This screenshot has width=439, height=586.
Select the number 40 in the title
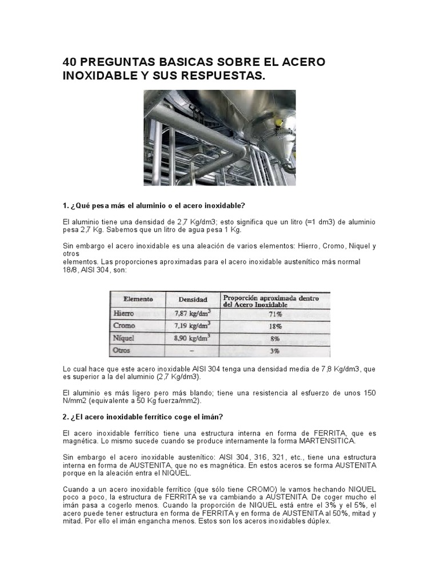coord(71,62)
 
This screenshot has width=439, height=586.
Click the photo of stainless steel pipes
coord(219,137)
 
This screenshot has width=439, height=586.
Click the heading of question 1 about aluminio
coord(154,205)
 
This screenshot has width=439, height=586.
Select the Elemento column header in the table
coord(133,299)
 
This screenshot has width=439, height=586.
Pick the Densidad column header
coord(193,299)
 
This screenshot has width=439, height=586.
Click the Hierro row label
coord(124,314)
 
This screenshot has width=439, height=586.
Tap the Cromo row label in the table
coord(125,326)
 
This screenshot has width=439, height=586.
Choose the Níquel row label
coord(124,338)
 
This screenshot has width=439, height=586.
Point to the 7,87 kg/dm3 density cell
coord(193,314)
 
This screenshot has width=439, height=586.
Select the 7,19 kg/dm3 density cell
coord(193,326)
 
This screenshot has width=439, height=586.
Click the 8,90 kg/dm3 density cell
coord(193,338)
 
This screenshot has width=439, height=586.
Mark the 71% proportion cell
coord(276,314)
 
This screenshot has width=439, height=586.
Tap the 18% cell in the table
coord(276,326)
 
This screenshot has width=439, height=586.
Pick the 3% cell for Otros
coord(276,350)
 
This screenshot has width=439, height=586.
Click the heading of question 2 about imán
coord(142,417)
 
